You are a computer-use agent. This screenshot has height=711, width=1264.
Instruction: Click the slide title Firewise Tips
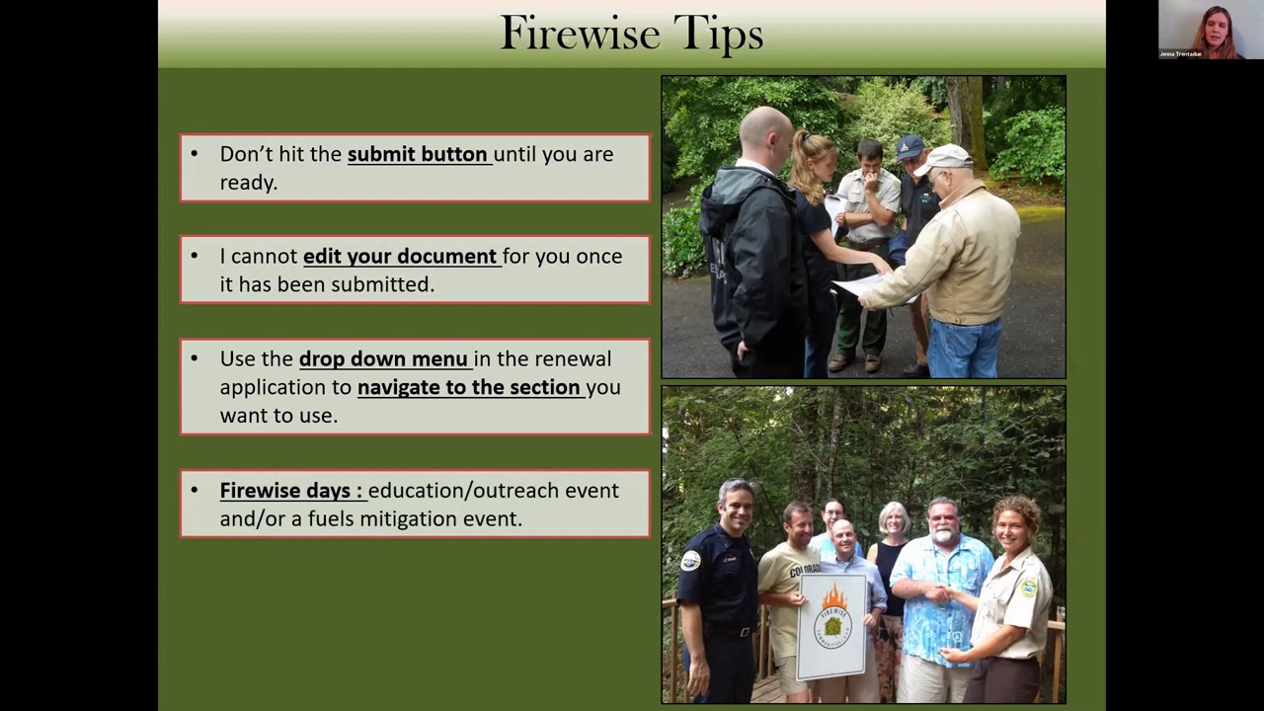coord(631,35)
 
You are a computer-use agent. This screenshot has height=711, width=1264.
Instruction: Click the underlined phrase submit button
coord(418,154)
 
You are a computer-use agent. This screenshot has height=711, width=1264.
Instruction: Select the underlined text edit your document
coord(400,256)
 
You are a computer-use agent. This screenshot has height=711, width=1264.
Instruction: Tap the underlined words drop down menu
coord(383,358)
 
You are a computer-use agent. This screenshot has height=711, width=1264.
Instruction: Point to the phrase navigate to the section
coord(469,387)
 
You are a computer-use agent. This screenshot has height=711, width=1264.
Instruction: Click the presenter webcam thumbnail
coord(1210,31)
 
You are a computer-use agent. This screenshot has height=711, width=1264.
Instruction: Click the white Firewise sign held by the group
coord(833,625)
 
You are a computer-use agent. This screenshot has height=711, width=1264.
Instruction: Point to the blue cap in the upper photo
coord(909,147)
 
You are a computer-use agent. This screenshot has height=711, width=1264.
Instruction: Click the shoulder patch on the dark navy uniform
coord(690,561)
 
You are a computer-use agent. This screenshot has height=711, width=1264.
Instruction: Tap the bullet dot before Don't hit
coord(195,154)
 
